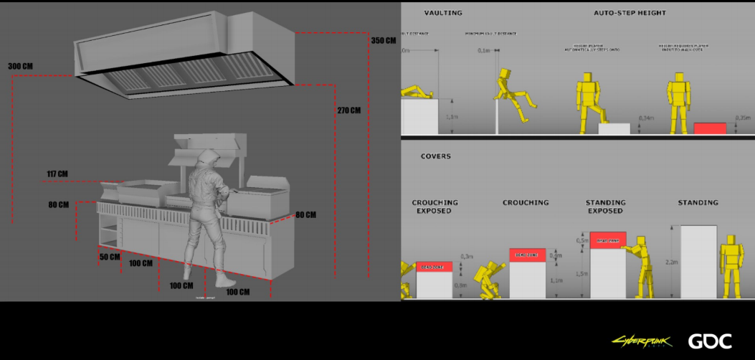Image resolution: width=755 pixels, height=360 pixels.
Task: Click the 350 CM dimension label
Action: pos(384,41)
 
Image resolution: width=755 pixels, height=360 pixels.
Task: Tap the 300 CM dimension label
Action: pos(21,67)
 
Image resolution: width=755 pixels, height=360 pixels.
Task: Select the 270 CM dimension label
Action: pos(349,110)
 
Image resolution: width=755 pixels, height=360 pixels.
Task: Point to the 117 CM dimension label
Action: pos(57,174)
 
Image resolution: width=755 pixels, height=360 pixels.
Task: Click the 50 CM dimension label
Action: pos(109,257)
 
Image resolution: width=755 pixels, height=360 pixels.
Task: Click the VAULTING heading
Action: pos(443,13)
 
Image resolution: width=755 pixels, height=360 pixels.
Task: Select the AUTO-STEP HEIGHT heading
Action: pos(630,13)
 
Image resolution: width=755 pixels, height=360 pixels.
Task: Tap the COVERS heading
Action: pos(435,156)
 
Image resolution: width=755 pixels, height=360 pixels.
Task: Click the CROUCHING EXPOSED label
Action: pos(434,207)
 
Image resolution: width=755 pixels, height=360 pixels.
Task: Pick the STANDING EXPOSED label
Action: pos(606,207)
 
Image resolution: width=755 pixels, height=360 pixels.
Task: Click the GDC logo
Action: pos(710,341)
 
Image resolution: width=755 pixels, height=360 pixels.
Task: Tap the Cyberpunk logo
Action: pos(641,341)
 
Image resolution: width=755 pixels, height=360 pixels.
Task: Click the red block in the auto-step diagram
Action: pos(710,128)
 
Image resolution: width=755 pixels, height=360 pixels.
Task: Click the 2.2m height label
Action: pos(671,262)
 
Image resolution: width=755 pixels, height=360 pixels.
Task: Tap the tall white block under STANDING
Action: pos(698,262)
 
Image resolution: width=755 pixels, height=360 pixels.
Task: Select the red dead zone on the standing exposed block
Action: pos(608,240)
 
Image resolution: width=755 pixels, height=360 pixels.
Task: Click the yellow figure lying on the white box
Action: pos(417,93)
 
